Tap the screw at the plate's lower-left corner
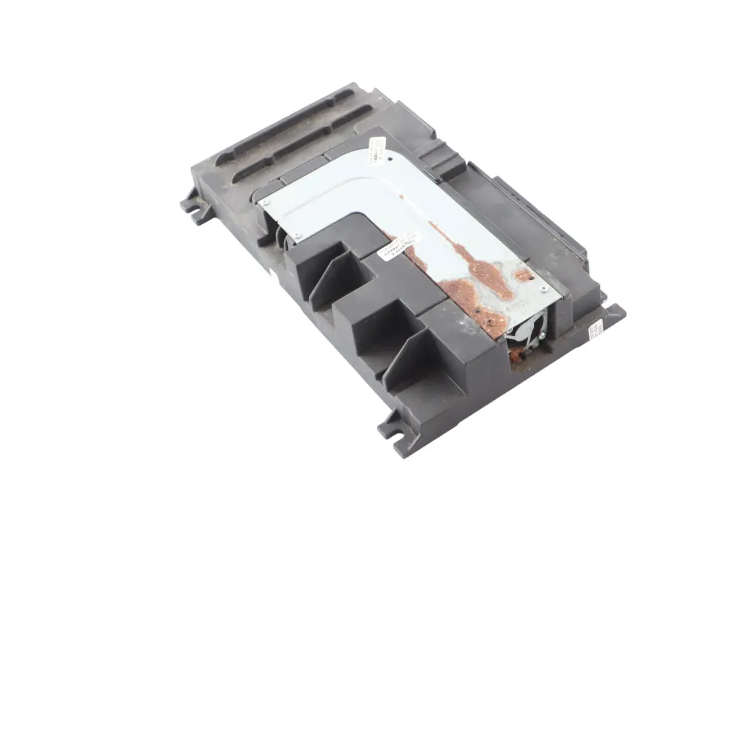click(x=298, y=237)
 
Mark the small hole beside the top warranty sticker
click(x=391, y=160)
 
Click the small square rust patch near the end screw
click(x=522, y=276)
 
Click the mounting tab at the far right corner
click(x=612, y=316)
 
